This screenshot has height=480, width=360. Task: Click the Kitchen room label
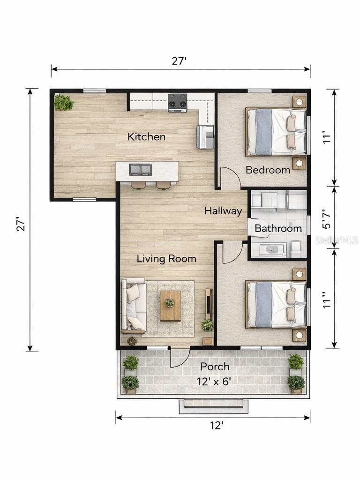click(x=146, y=136)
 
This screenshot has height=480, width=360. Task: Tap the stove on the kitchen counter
click(x=177, y=103)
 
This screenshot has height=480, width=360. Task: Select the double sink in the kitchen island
click(x=141, y=170)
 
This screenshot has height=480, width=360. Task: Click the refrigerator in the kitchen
click(x=204, y=137)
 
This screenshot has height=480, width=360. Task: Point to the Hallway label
click(x=224, y=211)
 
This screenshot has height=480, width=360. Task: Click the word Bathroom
click(x=278, y=228)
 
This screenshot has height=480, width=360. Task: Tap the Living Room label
click(x=166, y=259)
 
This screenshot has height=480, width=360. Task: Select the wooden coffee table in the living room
click(x=171, y=306)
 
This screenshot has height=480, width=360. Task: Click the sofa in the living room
click(x=134, y=306)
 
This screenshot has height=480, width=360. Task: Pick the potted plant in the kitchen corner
click(x=64, y=103)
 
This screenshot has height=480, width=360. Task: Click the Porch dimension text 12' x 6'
click(x=214, y=382)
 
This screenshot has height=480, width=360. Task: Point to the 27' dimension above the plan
click(x=179, y=61)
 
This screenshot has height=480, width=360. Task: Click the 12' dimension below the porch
click(x=217, y=426)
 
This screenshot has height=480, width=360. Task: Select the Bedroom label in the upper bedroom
click(x=268, y=170)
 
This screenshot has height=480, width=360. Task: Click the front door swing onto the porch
click(x=180, y=357)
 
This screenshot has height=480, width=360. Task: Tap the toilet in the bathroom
click(x=295, y=248)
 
